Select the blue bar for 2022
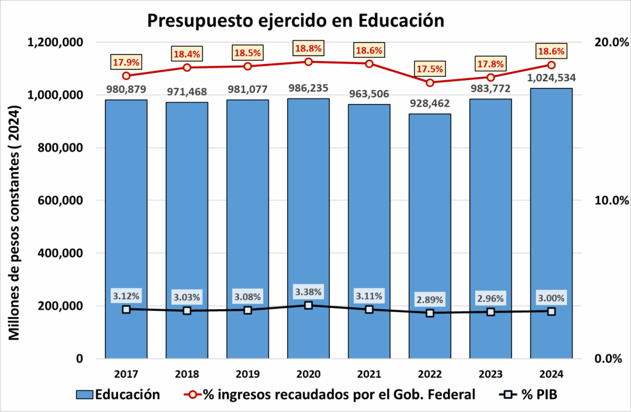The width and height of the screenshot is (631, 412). (x=429, y=234)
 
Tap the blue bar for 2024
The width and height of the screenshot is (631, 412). (x=551, y=222)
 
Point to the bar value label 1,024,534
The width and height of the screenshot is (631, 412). (x=551, y=78)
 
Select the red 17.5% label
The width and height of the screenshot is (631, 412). (x=429, y=69)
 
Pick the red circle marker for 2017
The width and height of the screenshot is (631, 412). (x=126, y=76)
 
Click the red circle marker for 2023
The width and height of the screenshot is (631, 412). (x=491, y=77)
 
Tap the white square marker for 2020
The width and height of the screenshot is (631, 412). (x=308, y=305)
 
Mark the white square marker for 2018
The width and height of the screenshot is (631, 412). (x=187, y=310)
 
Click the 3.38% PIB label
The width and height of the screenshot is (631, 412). (x=308, y=291)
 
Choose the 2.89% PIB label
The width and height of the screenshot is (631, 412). (x=429, y=299)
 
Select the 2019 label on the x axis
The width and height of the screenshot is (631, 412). (x=247, y=373)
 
